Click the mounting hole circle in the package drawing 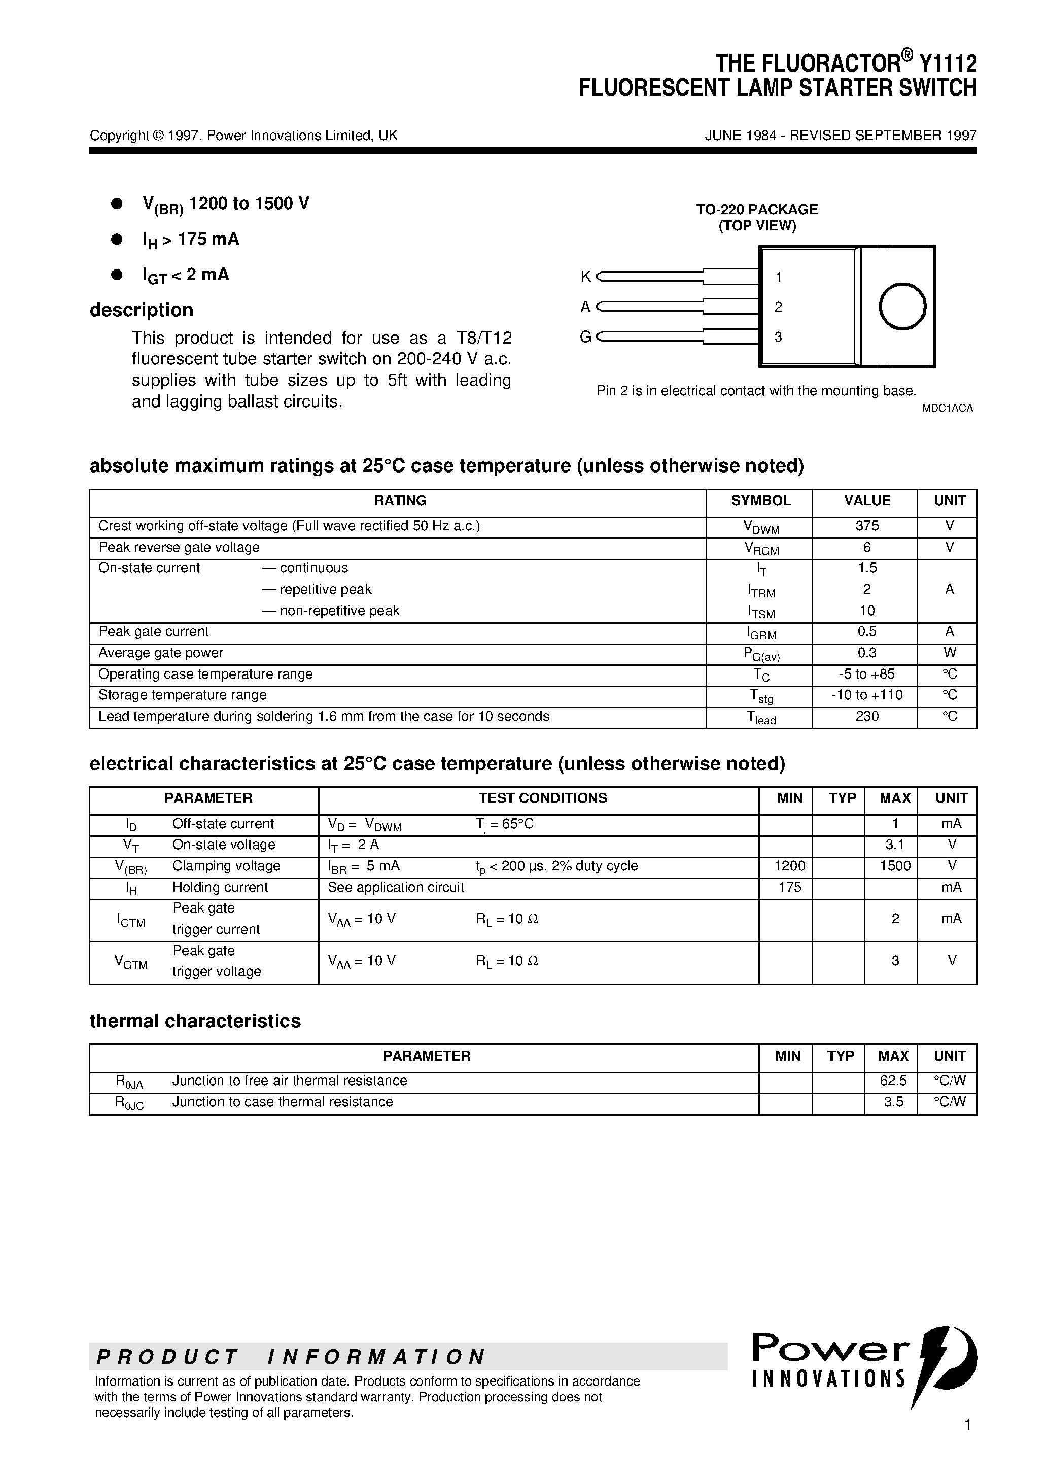pyautogui.click(x=902, y=307)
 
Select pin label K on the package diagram pyautogui.click(x=585, y=277)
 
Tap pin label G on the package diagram pyautogui.click(x=585, y=337)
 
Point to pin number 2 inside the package pyautogui.click(x=778, y=307)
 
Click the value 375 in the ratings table pyautogui.click(x=866, y=526)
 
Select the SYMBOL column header pyautogui.click(x=760, y=501)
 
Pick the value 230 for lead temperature pyautogui.click(x=866, y=716)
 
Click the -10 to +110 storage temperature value pyautogui.click(x=866, y=695)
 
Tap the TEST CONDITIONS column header pyautogui.click(x=542, y=798)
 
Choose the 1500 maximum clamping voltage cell pyautogui.click(x=895, y=866)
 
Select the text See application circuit pyautogui.click(x=396, y=888)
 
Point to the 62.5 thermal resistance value pyautogui.click(x=894, y=1081)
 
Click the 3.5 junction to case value pyautogui.click(x=894, y=1102)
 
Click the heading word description pyautogui.click(x=142, y=310)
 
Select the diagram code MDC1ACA pyautogui.click(x=947, y=409)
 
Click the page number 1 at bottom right pyautogui.click(x=967, y=1442)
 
